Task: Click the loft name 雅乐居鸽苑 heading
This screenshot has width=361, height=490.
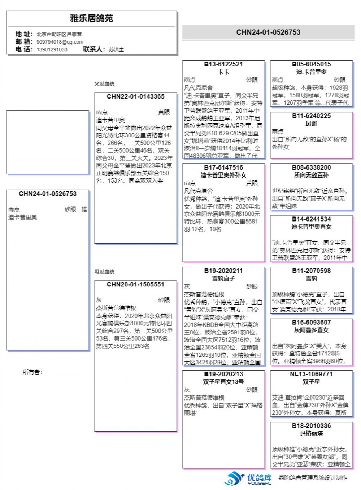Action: click(x=92, y=18)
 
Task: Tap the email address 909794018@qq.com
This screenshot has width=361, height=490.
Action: click(x=60, y=42)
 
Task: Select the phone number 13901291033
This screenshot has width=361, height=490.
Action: click(x=52, y=49)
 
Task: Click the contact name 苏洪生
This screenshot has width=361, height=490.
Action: click(x=116, y=49)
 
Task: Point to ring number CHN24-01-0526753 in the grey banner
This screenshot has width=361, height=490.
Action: click(x=268, y=32)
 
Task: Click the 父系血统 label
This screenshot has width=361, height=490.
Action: click(x=104, y=84)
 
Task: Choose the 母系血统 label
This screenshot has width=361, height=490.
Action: click(x=104, y=272)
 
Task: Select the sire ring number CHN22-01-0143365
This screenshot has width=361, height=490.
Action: click(x=135, y=97)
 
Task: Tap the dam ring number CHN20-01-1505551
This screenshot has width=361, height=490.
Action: click(x=135, y=285)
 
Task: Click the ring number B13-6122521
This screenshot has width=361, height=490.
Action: click(x=223, y=64)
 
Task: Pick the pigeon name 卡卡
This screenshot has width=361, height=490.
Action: click(x=223, y=72)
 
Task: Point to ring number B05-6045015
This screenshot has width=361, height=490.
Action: click(x=311, y=64)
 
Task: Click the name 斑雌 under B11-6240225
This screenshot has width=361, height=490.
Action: click(x=311, y=123)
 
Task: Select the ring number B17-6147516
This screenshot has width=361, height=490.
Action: click(x=223, y=167)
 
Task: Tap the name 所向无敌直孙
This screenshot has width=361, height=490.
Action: click(x=311, y=175)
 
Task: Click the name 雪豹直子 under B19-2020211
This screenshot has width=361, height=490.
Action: click(x=223, y=278)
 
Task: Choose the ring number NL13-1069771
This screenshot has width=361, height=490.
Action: click(x=311, y=374)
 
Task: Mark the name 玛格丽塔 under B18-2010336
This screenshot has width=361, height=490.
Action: click(x=311, y=433)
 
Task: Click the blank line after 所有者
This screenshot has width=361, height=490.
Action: click(x=66, y=373)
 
